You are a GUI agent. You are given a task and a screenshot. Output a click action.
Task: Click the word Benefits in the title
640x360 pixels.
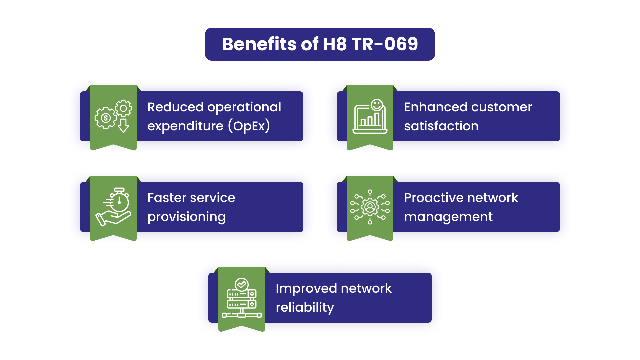click(259, 44)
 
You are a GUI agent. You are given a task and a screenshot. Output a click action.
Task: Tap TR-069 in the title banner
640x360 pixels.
click(385, 44)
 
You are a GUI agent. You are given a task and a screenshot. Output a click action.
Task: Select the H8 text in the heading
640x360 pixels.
click(335, 44)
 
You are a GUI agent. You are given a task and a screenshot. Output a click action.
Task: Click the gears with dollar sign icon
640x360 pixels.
click(113, 116)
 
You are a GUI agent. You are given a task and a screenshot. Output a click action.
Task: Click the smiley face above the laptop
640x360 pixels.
click(377, 105)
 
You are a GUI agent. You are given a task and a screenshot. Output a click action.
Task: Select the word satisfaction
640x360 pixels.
click(441, 126)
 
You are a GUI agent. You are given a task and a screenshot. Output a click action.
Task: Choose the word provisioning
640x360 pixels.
click(187, 217)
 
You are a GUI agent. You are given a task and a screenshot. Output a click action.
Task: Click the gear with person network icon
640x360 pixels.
click(370, 207)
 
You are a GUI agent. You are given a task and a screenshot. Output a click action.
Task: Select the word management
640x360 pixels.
click(448, 217)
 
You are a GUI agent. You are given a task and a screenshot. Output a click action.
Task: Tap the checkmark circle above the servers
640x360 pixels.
click(242, 284)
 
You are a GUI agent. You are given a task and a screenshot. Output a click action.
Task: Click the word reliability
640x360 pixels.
click(305, 307)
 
